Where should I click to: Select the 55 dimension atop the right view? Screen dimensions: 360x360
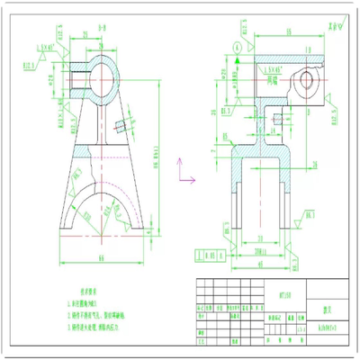click(x=271, y=31)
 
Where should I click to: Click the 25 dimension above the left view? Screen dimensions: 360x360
click(x=86, y=33)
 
